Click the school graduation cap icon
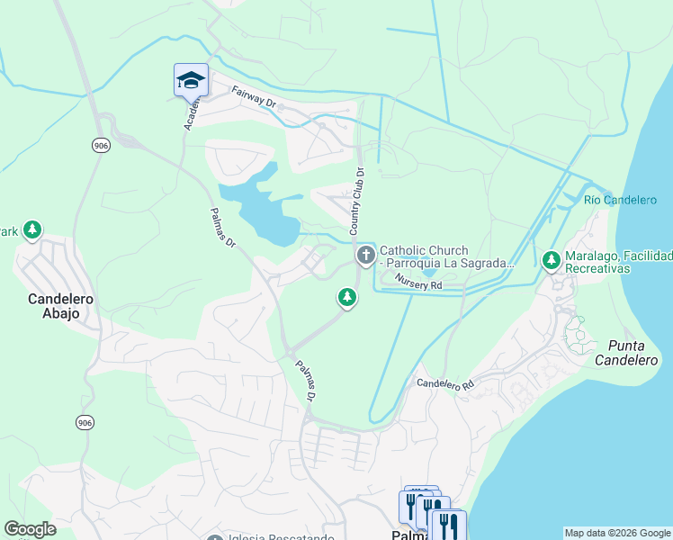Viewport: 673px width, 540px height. click(x=191, y=80)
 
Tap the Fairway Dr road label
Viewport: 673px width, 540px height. click(x=253, y=97)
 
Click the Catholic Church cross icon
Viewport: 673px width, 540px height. click(x=365, y=256)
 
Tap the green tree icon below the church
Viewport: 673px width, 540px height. click(x=346, y=298)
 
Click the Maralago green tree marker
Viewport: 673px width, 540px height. click(x=552, y=261)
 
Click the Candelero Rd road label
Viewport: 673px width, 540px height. click(x=444, y=384)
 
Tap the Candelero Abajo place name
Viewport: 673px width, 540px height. click(x=54, y=306)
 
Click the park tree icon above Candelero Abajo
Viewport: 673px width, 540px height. click(x=32, y=231)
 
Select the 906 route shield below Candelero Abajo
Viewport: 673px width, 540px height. click(x=85, y=423)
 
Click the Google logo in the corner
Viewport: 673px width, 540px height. click(x=30, y=529)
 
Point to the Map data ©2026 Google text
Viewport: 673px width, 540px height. click(x=617, y=533)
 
